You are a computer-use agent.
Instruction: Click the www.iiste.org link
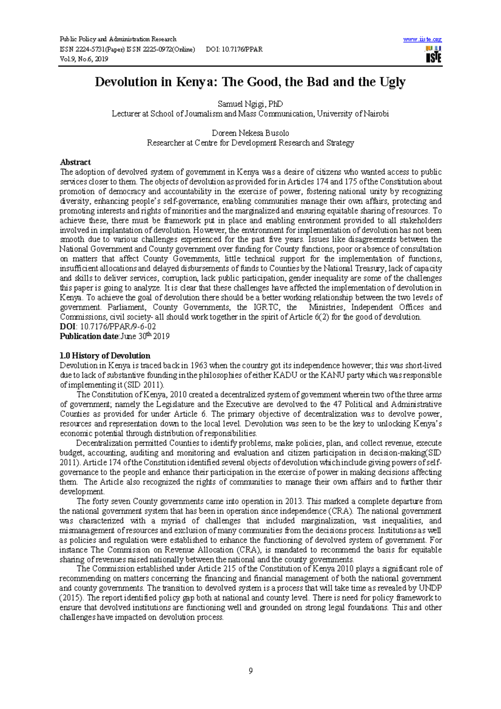tap(422, 39)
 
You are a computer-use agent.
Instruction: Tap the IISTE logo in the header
tap(433, 55)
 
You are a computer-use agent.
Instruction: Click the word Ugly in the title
tap(392, 82)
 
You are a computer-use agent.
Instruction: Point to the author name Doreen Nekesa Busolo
tap(250, 133)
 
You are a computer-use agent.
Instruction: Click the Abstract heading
tap(75, 162)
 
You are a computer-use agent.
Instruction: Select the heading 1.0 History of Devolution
tap(105, 356)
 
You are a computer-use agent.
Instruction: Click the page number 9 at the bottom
tap(250, 671)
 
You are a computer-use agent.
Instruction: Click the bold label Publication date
tap(89, 337)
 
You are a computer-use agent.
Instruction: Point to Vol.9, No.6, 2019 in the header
tap(84, 59)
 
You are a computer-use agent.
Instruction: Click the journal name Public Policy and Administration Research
tap(118, 39)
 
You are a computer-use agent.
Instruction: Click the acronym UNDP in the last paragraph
tap(430, 588)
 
